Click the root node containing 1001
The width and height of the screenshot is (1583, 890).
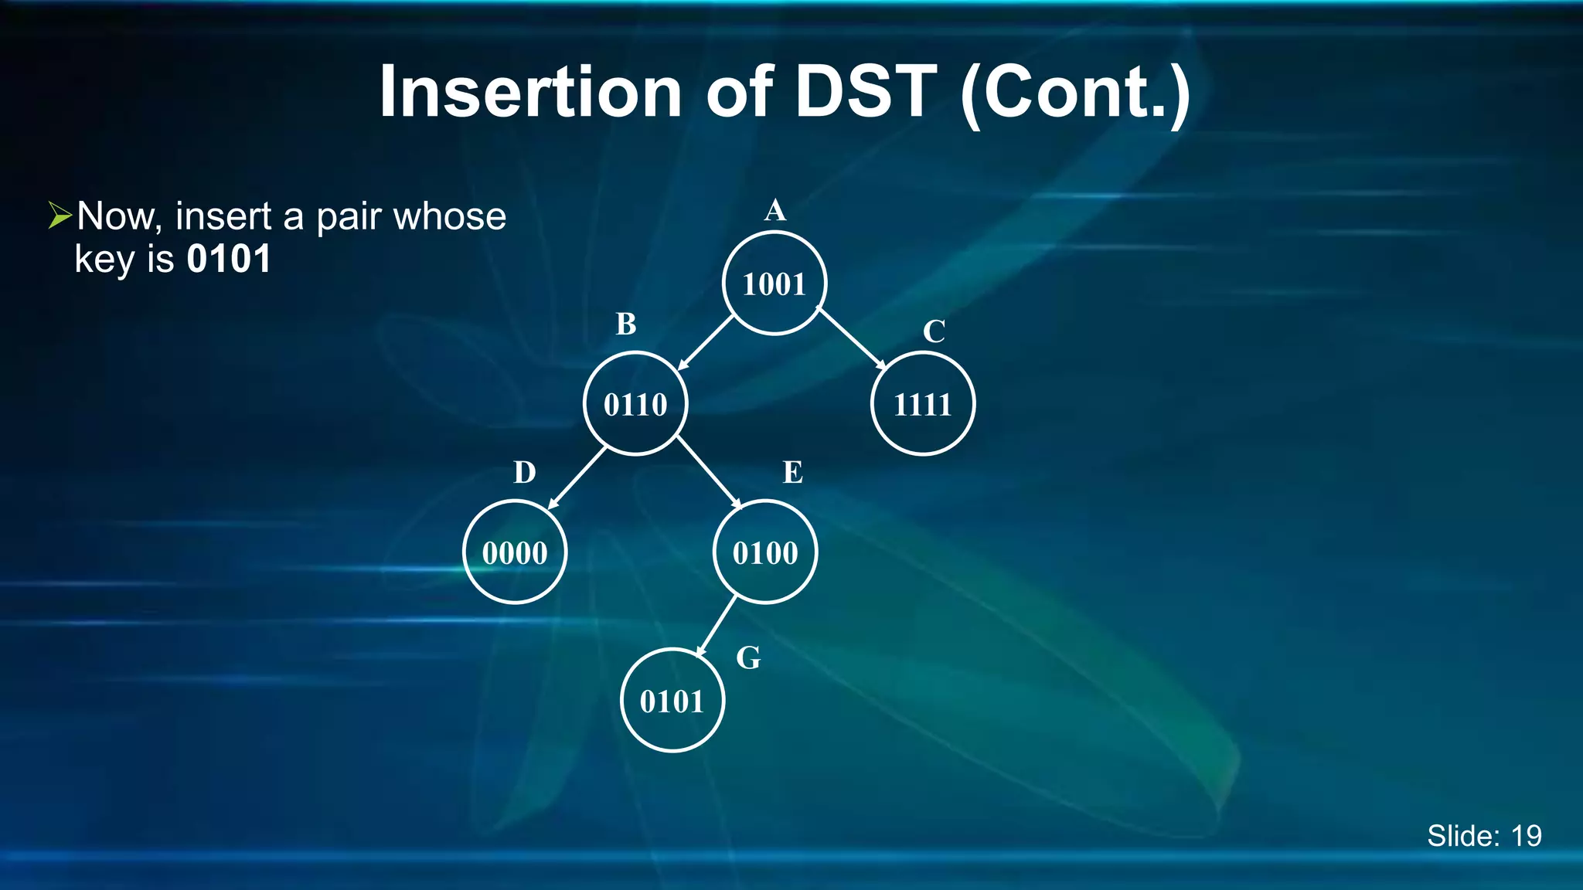(774, 284)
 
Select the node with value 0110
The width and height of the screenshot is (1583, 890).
(635, 404)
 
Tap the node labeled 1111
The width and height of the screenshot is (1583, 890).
(922, 404)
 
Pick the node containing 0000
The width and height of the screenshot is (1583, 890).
(515, 552)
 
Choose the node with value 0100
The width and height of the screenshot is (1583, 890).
(764, 552)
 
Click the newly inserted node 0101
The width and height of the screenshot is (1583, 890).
(672, 701)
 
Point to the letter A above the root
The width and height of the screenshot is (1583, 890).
(775, 210)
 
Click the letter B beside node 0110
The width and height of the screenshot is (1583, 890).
(626, 324)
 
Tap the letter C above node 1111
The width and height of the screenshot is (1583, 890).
(934, 332)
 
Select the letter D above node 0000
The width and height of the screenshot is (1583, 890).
(525, 473)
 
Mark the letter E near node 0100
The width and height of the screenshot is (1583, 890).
(793, 473)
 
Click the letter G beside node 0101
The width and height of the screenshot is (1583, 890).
(748, 658)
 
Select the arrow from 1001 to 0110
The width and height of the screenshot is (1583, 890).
(705, 343)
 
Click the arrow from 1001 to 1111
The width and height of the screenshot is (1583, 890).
(851, 338)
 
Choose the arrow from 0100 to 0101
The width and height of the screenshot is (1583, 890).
(717, 626)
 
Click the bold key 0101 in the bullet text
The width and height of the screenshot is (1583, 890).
(229, 259)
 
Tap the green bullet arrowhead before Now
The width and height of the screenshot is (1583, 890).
(60, 216)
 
